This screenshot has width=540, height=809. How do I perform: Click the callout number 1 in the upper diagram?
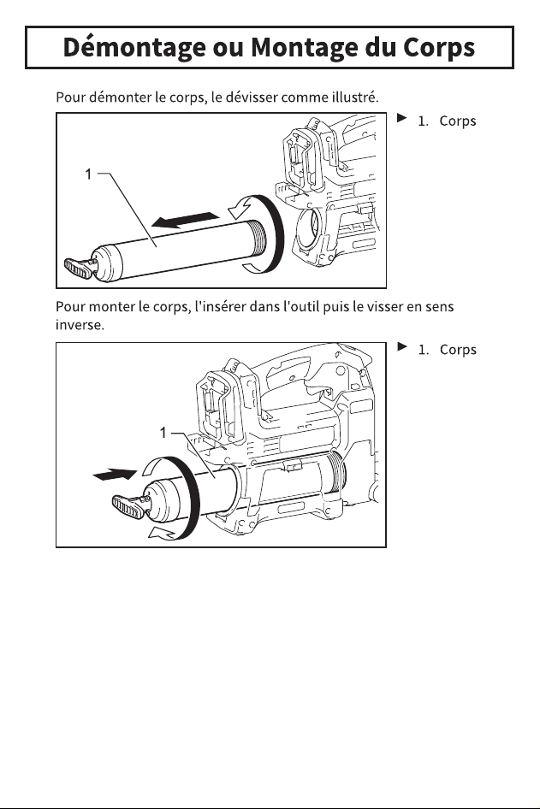tap(88, 174)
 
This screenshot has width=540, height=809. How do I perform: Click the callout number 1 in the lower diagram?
tap(163, 433)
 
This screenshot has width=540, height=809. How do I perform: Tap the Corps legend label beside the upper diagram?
tap(457, 121)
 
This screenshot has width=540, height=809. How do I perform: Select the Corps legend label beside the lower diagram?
tap(458, 350)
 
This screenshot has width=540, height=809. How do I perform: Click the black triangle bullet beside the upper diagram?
tap(401, 118)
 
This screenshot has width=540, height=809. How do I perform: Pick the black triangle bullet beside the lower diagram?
tap(402, 346)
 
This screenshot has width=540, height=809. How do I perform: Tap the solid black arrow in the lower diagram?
tap(115, 474)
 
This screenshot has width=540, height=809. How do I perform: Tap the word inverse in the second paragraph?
tap(80, 325)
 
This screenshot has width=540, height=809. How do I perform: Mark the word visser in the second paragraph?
tap(385, 306)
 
